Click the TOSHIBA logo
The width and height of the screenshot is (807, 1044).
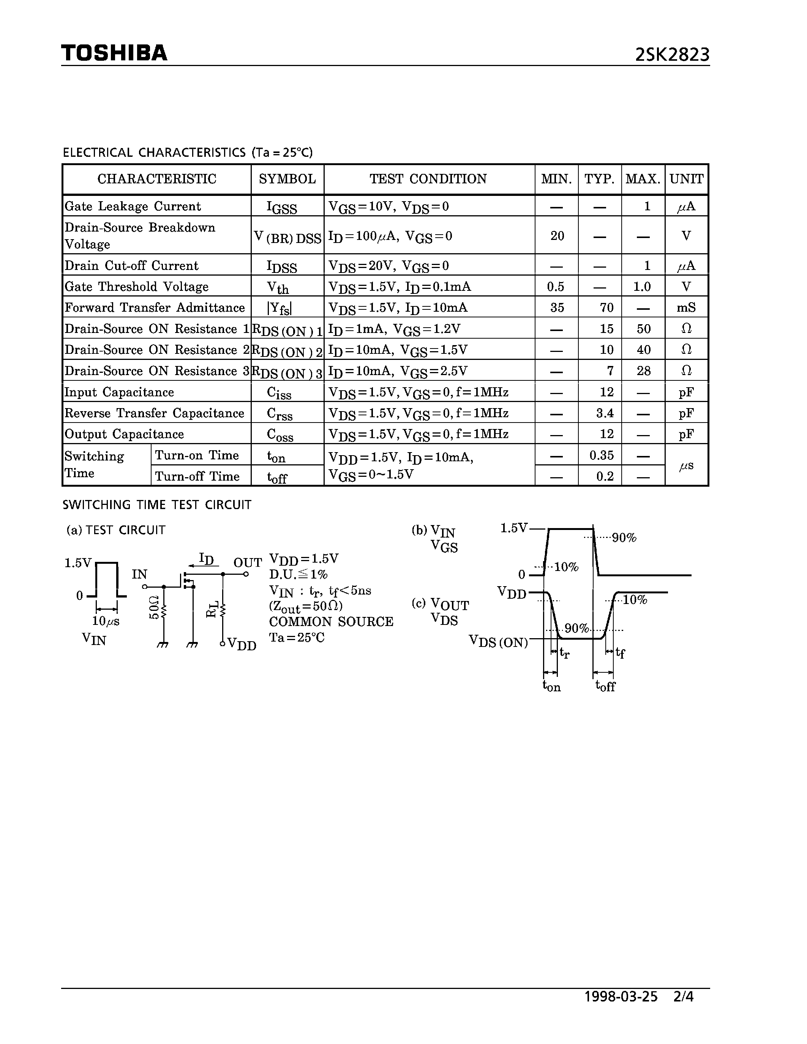[114, 53]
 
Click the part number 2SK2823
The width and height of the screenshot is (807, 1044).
[672, 55]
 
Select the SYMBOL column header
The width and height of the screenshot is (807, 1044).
[287, 179]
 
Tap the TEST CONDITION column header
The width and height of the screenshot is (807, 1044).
[428, 179]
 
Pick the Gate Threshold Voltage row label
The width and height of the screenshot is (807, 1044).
[137, 286]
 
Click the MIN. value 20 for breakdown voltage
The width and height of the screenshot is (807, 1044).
[557, 236]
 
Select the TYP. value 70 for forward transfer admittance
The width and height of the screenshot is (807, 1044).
[606, 308]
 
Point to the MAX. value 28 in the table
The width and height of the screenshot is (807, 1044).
[643, 371]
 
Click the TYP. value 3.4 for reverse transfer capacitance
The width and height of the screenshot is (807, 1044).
[605, 413]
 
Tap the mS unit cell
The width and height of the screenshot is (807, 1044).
[686, 308]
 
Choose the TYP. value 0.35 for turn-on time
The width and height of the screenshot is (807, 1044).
[602, 455]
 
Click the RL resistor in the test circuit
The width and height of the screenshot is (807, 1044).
[222, 609]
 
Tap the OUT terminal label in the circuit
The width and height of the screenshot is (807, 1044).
[247, 563]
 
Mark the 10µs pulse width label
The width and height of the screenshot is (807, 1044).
[106, 621]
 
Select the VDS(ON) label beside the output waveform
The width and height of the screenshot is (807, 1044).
[498, 642]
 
